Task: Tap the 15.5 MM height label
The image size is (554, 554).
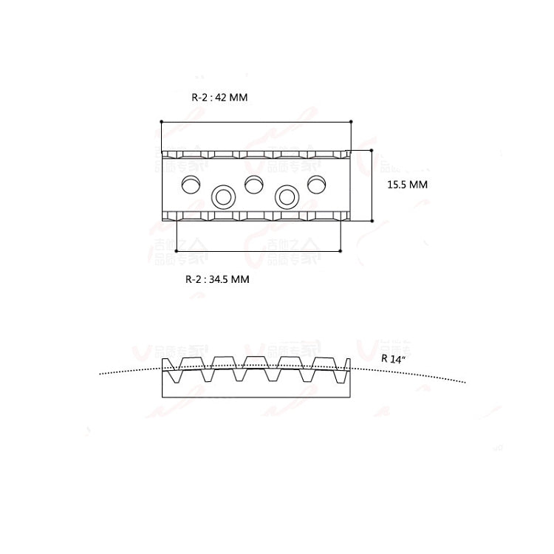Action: (x=407, y=185)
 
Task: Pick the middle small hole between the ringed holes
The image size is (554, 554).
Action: (x=253, y=183)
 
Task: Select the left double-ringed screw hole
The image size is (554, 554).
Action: (x=222, y=196)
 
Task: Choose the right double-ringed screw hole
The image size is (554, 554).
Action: (x=286, y=196)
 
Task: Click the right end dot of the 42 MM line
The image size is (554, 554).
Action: (x=351, y=121)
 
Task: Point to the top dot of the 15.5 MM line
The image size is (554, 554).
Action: (x=372, y=150)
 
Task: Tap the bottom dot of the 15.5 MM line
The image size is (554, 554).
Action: (x=372, y=220)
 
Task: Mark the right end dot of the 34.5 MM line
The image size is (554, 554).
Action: (x=341, y=252)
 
